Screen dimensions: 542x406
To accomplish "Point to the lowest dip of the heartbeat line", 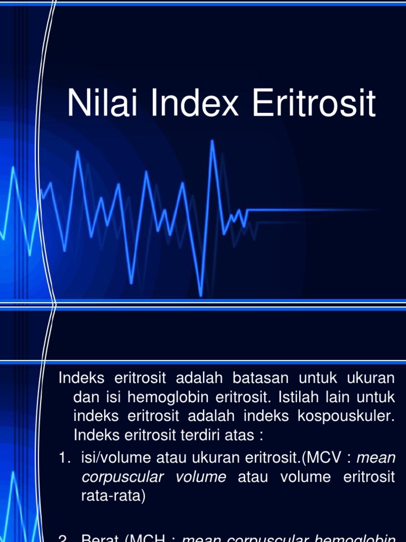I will click(200, 295).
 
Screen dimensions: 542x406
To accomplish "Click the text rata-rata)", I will click(113, 495).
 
